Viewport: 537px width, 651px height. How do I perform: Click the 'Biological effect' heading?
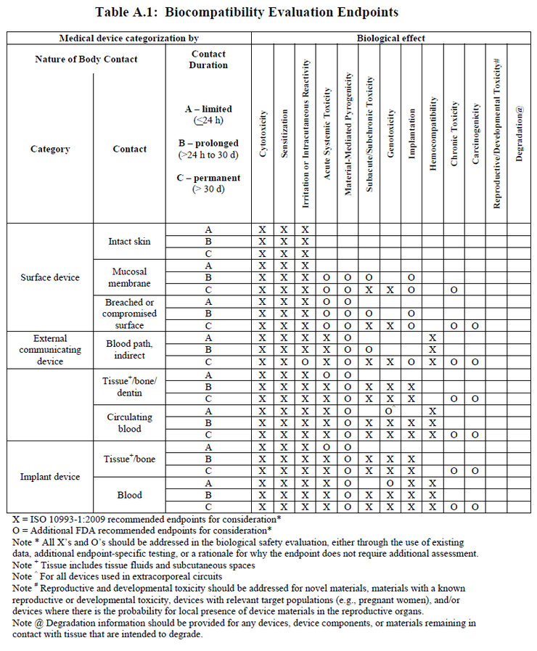tap(390, 38)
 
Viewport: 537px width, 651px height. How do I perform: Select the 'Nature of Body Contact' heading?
tap(86, 60)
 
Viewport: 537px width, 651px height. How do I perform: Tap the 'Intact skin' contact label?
tap(129, 241)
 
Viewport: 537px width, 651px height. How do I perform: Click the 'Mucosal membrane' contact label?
tap(129, 277)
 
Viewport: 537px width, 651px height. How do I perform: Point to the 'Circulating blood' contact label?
tap(129, 422)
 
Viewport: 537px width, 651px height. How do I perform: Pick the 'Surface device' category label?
tap(50, 277)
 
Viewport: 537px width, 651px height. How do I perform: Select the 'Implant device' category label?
tap(50, 477)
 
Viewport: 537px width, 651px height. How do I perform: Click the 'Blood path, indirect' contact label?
tap(129, 350)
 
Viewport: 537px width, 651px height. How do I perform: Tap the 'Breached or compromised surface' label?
tap(129, 313)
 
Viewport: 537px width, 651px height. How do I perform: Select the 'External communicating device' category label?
tap(50, 350)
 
